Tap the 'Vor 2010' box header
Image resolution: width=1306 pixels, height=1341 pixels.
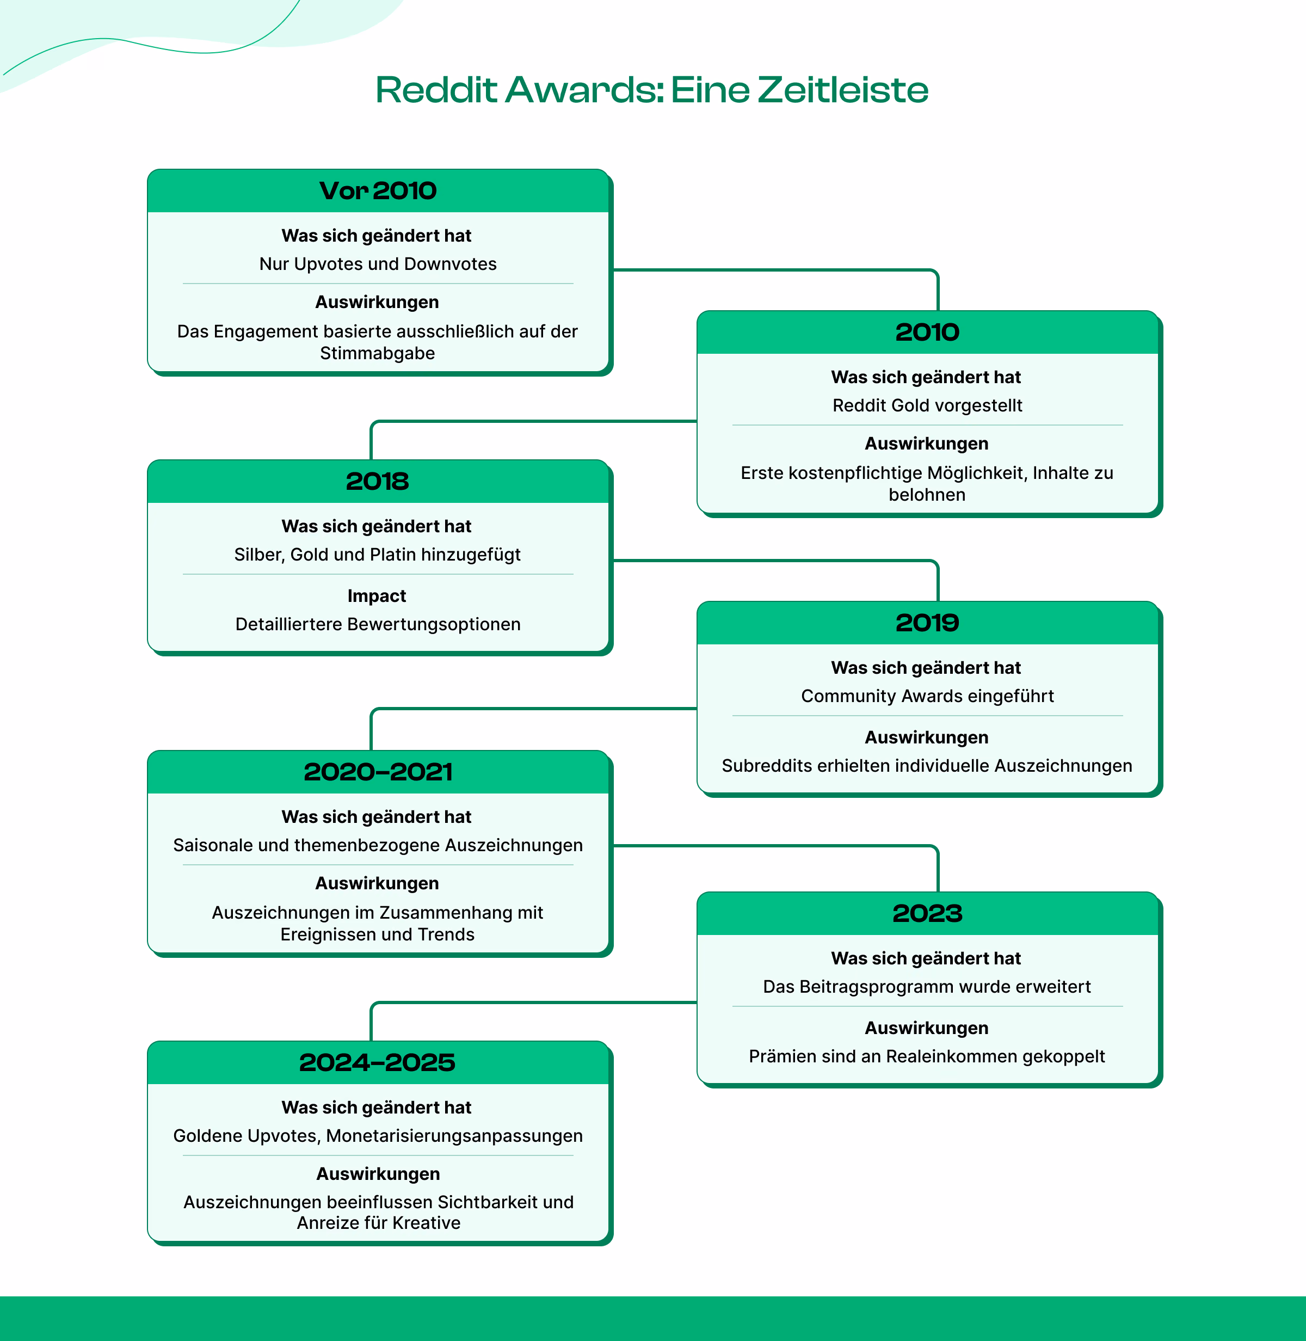(378, 190)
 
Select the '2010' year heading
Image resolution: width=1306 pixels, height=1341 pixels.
(927, 333)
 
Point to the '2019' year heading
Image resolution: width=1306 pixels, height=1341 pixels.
(927, 623)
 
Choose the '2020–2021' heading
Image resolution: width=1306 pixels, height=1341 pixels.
(378, 772)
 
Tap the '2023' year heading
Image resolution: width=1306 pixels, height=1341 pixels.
(927, 914)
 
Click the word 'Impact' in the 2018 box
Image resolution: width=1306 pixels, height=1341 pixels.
(377, 596)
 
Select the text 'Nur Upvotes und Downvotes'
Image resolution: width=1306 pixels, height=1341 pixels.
(378, 264)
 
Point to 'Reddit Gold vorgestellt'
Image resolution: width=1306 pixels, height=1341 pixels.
(927, 405)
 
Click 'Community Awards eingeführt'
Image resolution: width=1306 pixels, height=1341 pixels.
(927, 696)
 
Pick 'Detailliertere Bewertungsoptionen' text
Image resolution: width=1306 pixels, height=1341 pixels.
(378, 624)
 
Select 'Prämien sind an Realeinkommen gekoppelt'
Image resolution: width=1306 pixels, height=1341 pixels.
(927, 1056)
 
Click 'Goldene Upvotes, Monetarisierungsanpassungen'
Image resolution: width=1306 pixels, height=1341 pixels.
(378, 1136)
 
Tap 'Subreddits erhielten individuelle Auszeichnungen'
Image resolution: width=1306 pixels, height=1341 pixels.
(927, 766)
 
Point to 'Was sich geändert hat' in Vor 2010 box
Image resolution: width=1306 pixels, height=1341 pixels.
(377, 236)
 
